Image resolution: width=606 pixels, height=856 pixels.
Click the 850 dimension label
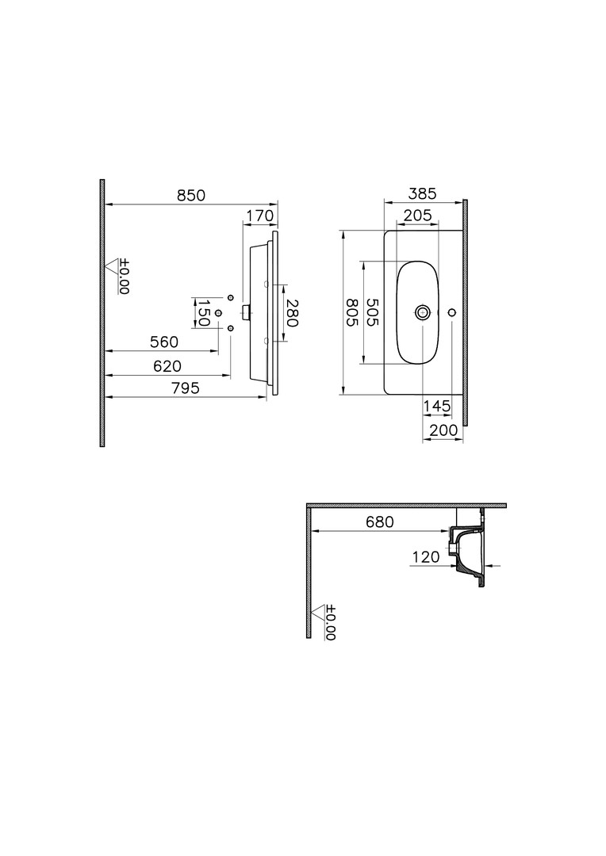pos(190,196)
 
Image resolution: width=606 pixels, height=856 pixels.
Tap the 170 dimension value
pos(259,216)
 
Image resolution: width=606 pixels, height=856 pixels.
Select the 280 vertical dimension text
pos(292,313)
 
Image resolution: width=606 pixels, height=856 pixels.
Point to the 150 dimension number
pos(203,313)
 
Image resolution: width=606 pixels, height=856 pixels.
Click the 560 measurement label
pos(164,342)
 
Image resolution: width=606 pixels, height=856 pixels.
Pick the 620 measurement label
pos(167,366)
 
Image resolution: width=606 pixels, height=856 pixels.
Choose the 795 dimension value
pos(186,388)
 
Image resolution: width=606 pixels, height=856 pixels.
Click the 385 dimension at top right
pos(423,194)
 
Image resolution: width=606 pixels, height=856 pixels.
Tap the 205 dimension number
pos(417,216)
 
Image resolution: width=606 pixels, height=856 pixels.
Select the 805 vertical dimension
pos(351,312)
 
